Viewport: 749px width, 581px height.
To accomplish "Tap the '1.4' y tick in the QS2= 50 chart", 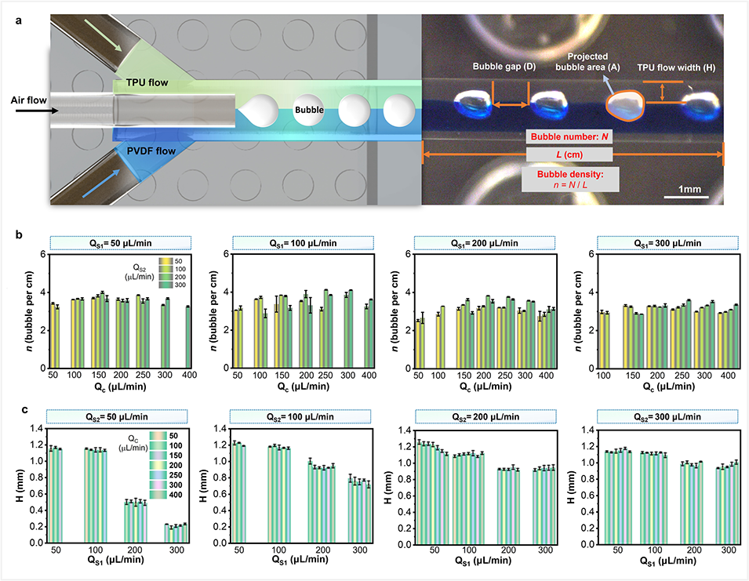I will pos(36,429).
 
